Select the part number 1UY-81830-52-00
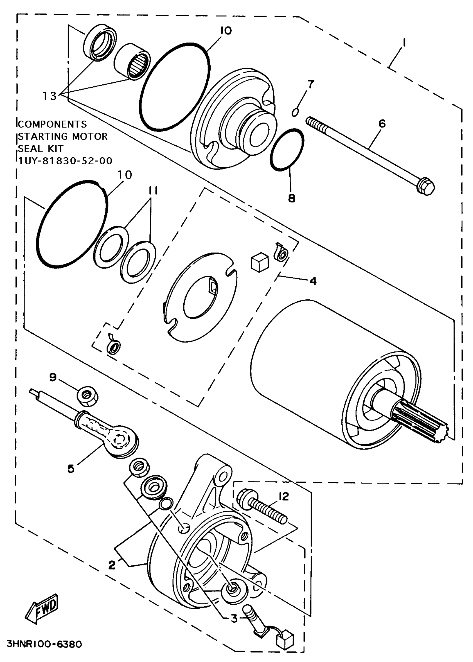pyautogui.click(x=65, y=161)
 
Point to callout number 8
pyautogui.click(x=292, y=198)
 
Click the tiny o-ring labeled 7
pyautogui.click(x=295, y=112)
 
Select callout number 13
pyautogui.click(x=49, y=95)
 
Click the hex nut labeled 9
pyautogui.click(x=87, y=396)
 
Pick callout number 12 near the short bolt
pyautogui.click(x=284, y=496)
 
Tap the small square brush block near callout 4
pyautogui.click(x=260, y=262)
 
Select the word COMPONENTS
pyautogui.click(x=52, y=124)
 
